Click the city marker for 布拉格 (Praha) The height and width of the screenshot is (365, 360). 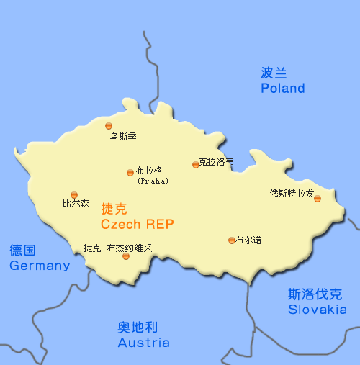tap(130, 172)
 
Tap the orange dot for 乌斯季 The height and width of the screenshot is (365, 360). tap(109, 125)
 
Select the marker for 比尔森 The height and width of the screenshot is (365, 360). tap(74, 194)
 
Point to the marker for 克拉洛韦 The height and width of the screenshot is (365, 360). tap(195, 165)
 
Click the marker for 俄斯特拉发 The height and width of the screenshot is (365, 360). tap(318, 199)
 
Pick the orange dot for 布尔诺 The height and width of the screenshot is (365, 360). tap(231, 240)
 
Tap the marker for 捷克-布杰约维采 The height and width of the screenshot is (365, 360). tap(126, 256)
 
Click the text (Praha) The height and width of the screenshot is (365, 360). tap(152, 181)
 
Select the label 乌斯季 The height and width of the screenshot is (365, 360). tap(123, 135)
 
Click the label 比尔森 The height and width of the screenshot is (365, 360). tap(76, 204)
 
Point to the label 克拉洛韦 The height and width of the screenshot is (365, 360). tap(216, 162)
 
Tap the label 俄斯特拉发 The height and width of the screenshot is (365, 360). tap(292, 193)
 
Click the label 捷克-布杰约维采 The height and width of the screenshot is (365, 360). tap(118, 248)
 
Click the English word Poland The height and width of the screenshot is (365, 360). tap(283, 89)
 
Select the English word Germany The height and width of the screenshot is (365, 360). tap(40, 266)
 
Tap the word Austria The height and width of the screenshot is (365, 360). tap(144, 343)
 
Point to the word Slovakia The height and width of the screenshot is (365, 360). tap(317, 310)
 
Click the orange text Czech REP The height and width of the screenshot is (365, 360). tap(138, 224)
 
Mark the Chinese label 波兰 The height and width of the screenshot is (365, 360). tap(274, 72)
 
